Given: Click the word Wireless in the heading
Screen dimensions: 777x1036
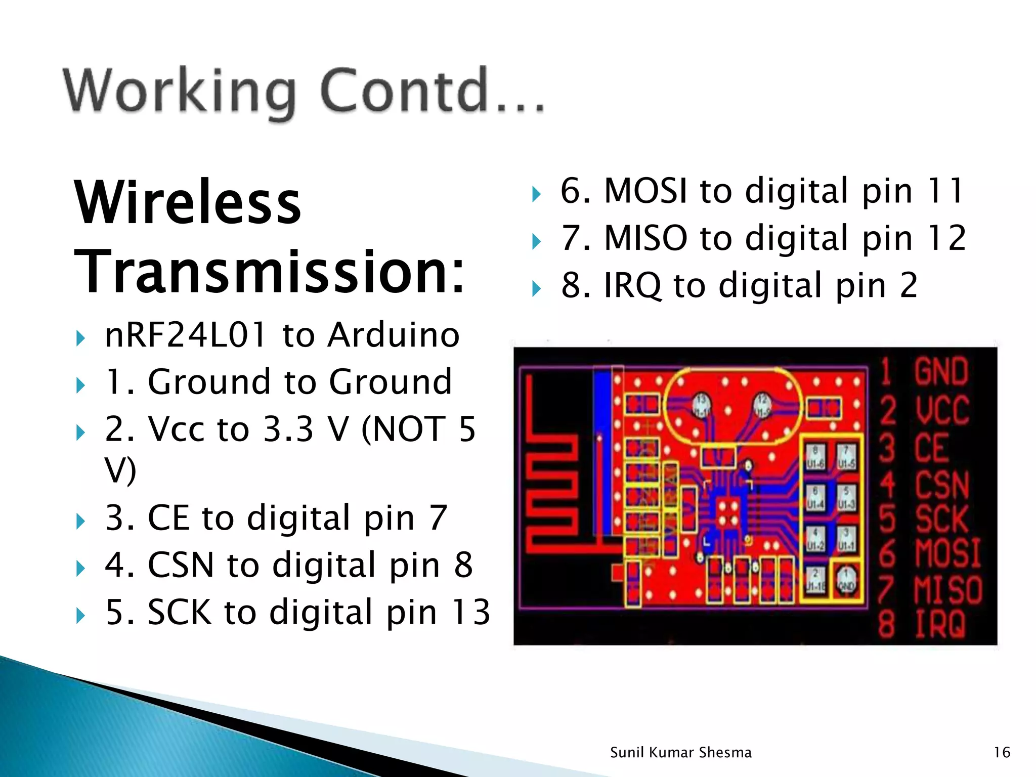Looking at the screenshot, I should click(188, 202).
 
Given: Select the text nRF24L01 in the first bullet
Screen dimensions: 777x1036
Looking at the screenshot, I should click(185, 335).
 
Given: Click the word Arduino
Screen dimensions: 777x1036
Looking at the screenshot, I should click(393, 335).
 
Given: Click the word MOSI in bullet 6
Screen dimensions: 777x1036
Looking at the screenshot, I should click(645, 191).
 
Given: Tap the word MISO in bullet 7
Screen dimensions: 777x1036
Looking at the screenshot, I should click(645, 238).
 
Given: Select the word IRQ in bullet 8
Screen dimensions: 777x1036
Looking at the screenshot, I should click(632, 285).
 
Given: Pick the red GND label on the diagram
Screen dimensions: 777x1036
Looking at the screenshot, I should click(941, 372).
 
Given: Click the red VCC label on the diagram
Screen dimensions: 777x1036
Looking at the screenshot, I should click(942, 410).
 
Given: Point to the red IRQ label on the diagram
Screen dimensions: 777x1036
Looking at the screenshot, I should click(940, 624).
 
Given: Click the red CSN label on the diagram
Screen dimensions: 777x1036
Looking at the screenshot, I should click(942, 485).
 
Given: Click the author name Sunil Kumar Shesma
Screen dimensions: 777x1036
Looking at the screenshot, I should click(680, 753).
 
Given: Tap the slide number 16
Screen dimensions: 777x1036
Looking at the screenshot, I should click(1002, 753).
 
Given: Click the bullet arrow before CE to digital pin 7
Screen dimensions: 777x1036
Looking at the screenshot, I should click(80, 521).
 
